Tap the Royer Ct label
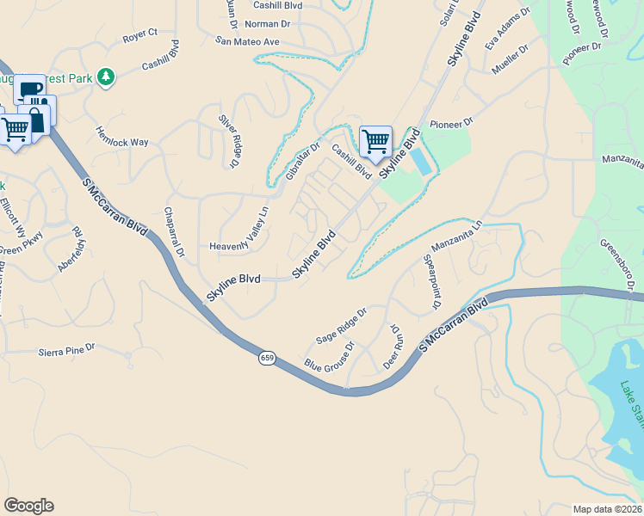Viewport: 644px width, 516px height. (140, 35)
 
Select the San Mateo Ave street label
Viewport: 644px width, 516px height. (248, 41)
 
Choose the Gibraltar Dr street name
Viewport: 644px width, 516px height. (302, 162)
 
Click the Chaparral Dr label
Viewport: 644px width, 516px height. (173, 231)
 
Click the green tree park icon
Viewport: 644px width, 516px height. (106, 78)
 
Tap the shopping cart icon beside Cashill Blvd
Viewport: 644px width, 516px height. (375, 141)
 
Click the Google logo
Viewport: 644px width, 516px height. (28, 505)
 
